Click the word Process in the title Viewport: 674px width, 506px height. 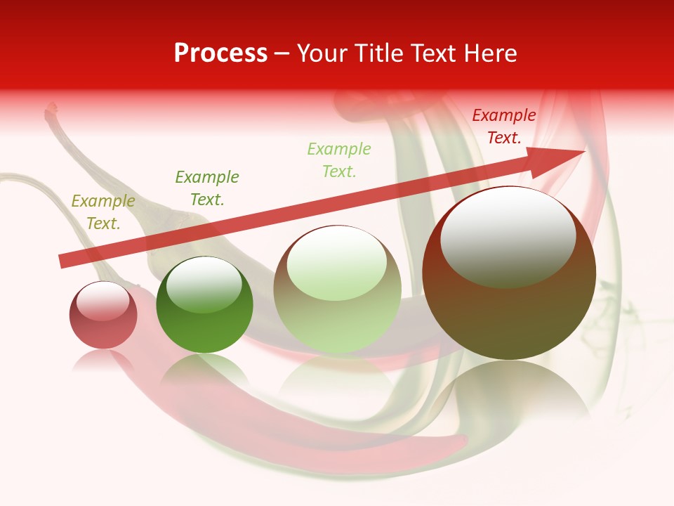pyautogui.click(x=220, y=53)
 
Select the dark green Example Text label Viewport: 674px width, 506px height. pyautogui.click(x=207, y=188)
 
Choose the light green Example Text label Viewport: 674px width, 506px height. pyautogui.click(x=339, y=160)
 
